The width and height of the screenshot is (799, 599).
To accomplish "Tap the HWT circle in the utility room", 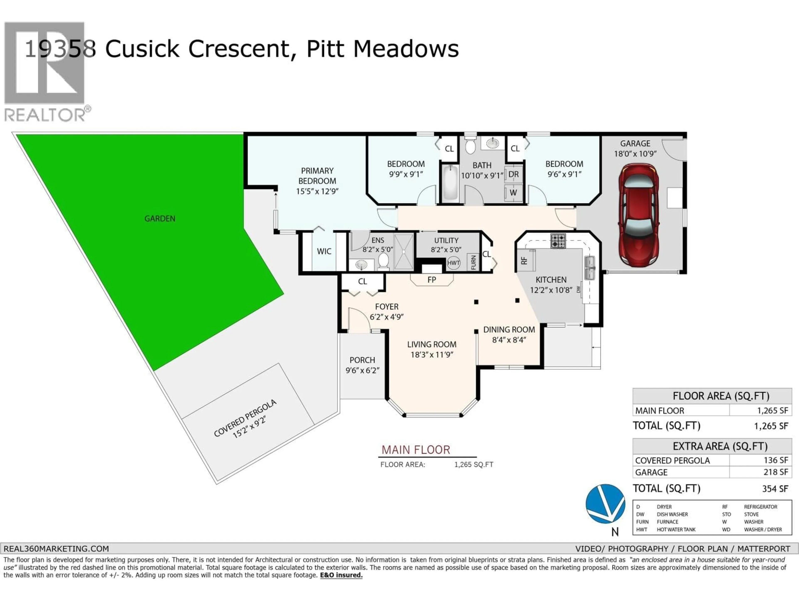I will [x=453, y=262].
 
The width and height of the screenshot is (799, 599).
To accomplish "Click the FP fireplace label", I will [x=432, y=280].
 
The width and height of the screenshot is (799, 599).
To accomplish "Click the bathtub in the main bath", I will [x=450, y=182].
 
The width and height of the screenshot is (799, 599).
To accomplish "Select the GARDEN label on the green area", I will [x=160, y=218].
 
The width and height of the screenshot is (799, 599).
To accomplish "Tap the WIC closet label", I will [x=324, y=251].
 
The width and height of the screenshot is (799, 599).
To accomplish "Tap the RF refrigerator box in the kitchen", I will [x=525, y=260].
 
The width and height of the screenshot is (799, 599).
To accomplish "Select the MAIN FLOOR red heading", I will [x=416, y=450].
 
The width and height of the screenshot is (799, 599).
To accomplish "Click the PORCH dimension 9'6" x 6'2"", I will [x=362, y=370].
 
